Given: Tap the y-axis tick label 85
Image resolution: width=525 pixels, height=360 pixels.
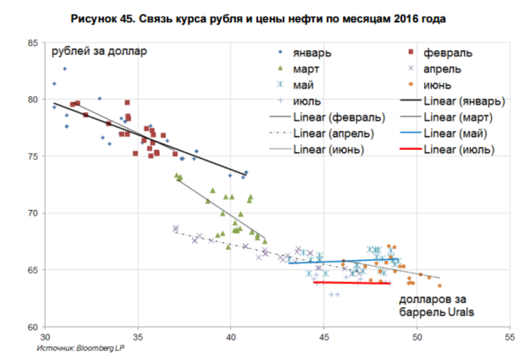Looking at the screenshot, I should [32, 42].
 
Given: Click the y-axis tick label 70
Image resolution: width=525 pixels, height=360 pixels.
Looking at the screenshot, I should [32, 213].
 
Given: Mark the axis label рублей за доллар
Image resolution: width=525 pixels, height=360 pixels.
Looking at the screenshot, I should [99, 53].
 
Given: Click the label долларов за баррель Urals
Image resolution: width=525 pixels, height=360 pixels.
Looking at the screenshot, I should [436, 306].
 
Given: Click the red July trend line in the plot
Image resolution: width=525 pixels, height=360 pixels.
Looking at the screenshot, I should [351, 283].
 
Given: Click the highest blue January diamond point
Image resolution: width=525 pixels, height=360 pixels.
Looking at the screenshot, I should [65, 69].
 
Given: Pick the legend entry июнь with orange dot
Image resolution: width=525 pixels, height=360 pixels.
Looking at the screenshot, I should [437, 85].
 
